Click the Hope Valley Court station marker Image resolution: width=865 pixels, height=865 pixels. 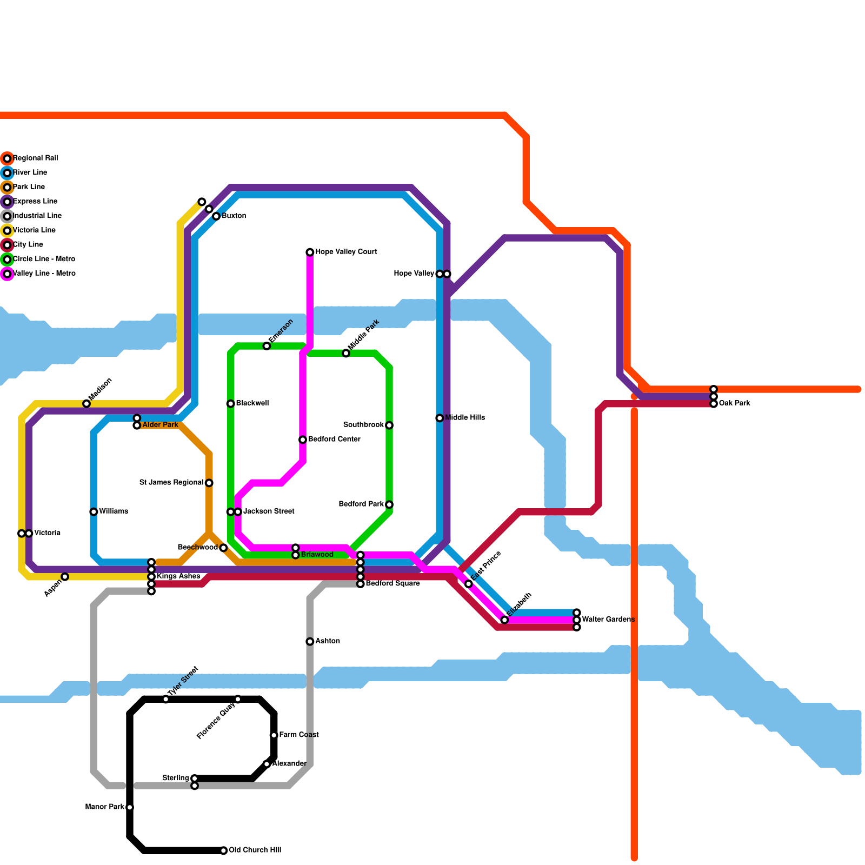coord(310,252)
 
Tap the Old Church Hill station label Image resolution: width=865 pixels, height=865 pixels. coord(255,850)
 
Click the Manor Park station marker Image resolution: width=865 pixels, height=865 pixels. coord(130,807)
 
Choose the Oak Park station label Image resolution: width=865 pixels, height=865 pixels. coord(734,403)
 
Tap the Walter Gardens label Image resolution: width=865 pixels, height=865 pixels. coord(608,620)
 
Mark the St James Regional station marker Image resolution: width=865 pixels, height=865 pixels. coord(209,483)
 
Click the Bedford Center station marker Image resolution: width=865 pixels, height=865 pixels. coord(303,440)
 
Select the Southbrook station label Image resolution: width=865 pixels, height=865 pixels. coord(363,425)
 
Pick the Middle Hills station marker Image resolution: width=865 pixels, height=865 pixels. coord(440,418)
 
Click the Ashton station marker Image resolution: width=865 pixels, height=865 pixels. coord(310,642)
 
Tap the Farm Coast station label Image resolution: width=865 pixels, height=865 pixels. coord(299,735)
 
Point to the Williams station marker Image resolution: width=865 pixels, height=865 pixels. coord(94,511)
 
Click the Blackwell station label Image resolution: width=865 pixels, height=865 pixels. coord(252,403)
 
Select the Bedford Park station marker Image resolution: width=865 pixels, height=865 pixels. coord(389,504)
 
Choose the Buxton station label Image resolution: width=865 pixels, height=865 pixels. coord(234,216)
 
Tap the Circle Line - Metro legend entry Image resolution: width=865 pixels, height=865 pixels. coord(44,259)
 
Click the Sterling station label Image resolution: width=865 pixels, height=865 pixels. coord(175,778)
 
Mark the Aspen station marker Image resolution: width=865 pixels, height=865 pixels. coord(65,577)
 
